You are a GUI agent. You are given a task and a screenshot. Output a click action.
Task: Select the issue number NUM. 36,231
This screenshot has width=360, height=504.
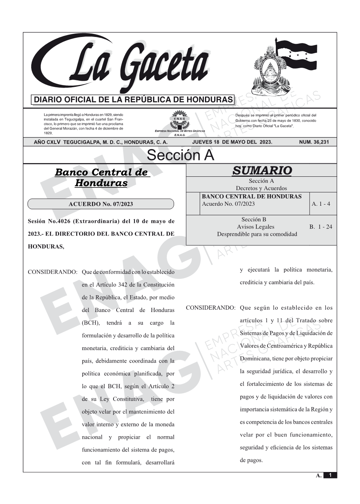click(314, 142)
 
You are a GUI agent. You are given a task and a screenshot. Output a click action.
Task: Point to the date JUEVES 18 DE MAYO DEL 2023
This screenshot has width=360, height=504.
click(232, 142)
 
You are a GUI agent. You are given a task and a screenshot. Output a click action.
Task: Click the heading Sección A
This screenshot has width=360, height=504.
click(180, 155)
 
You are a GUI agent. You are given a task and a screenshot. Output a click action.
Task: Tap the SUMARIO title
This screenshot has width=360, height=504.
click(262, 171)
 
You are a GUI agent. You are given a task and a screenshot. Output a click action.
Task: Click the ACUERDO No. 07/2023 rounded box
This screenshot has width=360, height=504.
click(101, 204)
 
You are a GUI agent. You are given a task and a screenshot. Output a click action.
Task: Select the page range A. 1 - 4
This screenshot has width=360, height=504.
click(321, 204)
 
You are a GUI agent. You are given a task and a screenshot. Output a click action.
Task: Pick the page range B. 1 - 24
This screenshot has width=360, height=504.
click(320, 227)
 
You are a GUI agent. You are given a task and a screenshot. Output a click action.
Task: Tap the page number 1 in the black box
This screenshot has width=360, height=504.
click(330, 475)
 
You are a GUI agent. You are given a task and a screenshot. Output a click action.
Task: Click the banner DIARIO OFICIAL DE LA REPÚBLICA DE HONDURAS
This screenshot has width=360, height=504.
click(133, 100)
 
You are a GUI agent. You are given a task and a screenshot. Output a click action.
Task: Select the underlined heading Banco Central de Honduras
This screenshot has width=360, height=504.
click(101, 178)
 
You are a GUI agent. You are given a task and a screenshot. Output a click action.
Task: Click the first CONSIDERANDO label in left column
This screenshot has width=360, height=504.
click(53, 272)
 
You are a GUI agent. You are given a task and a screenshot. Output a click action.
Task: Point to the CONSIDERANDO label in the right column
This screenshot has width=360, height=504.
click(211, 308)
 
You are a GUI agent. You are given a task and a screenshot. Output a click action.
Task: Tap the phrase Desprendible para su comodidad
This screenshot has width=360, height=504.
click(257, 234)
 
